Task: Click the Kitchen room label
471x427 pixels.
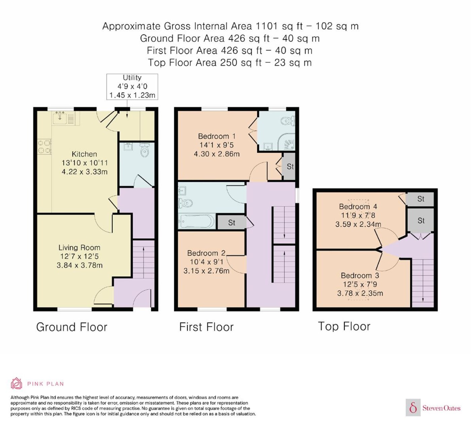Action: [84, 154]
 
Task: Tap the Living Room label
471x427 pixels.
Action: [79, 248]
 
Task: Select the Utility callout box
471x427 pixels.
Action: [132, 87]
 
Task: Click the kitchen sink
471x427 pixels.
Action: [60, 118]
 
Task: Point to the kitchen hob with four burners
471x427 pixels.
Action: [44, 147]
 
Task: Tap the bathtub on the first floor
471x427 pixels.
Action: [196, 221]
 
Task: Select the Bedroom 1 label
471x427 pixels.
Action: [217, 136]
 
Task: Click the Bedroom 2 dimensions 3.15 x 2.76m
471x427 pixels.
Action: [206, 271]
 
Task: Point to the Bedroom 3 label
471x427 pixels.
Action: [360, 275]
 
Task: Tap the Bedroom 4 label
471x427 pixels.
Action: [358, 206]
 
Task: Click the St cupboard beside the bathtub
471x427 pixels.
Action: [231, 222]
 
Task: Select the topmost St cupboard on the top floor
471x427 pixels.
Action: [420, 199]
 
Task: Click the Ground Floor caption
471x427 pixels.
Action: [72, 327]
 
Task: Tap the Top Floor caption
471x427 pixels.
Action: [344, 326]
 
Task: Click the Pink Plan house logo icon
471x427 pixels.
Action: [16, 384]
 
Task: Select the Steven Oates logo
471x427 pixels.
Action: [433, 407]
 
